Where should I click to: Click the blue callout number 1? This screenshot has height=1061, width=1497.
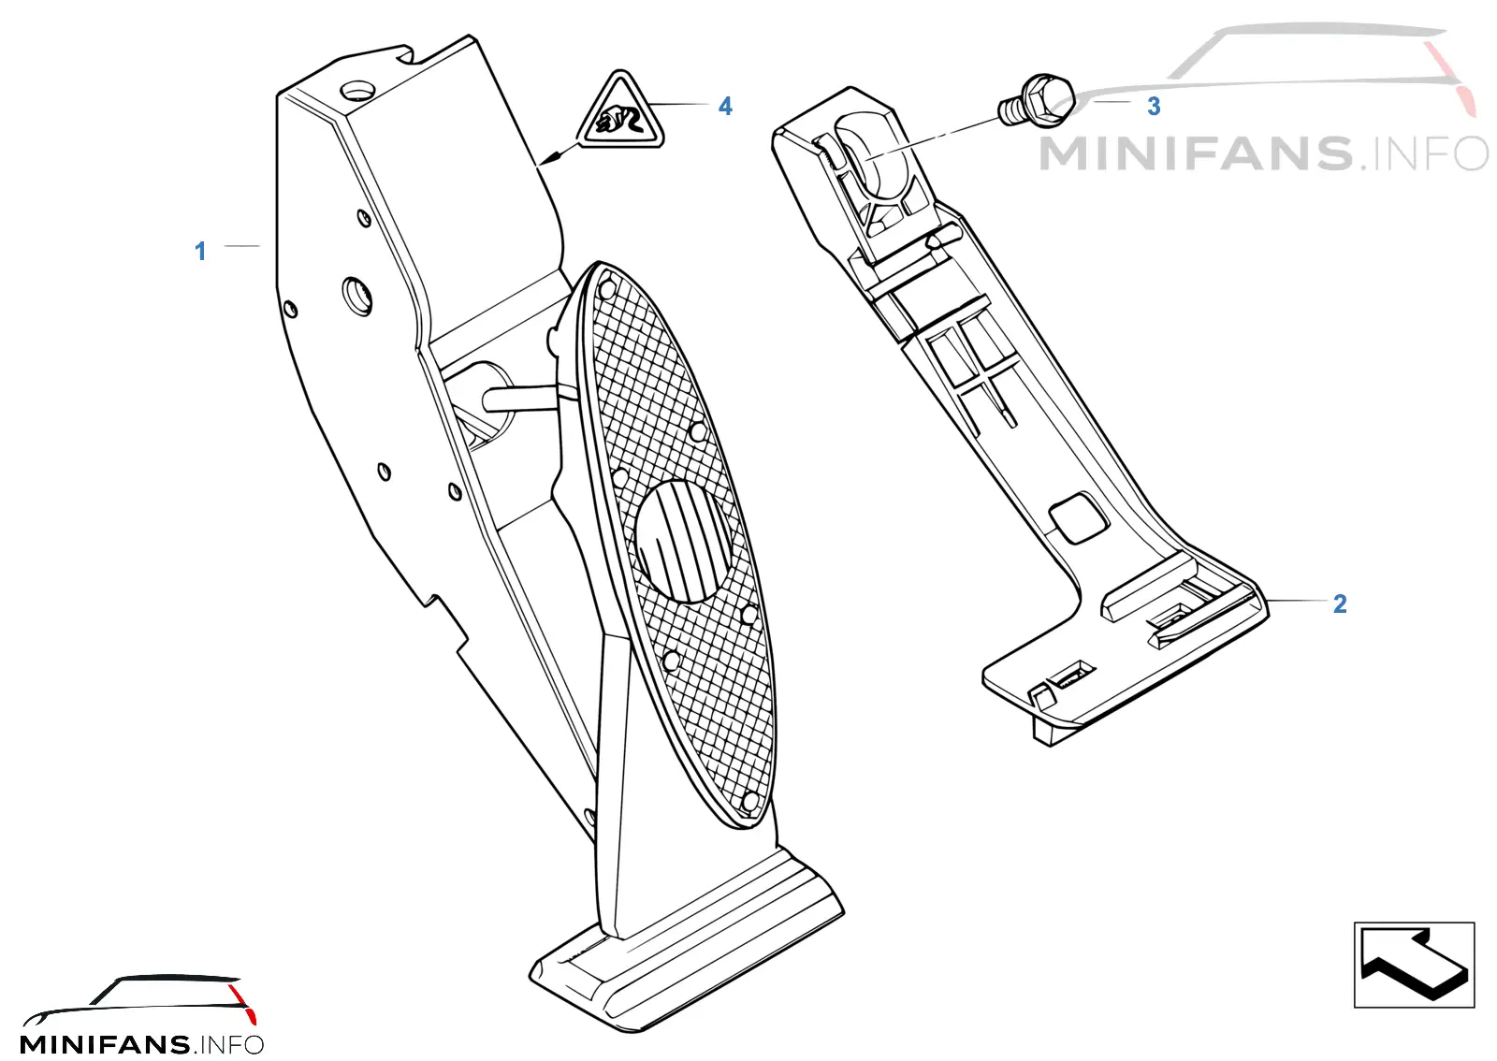click(x=200, y=252)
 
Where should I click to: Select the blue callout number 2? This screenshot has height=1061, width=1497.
click(x=1339, y=604)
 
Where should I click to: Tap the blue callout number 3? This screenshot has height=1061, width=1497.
click(x=1154, y=107)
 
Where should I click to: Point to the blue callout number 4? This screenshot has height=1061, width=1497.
click(x=725, y=107)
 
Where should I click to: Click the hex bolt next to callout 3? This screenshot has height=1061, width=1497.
click(x=1036, y=101)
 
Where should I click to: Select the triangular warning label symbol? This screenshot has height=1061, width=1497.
click(x=620, y=111)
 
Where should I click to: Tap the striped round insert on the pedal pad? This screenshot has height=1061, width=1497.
click(x=683, y=542)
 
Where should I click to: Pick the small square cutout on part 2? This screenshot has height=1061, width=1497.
click(x=1078, y=517)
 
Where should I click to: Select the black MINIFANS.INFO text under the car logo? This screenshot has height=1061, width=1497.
click(x=141, y=1044)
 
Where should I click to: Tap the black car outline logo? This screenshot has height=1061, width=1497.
click(x=140, y=999)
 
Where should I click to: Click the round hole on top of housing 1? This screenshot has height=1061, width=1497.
click(x=357, y=90)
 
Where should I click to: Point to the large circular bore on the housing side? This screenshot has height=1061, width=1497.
click(x=357, y=295)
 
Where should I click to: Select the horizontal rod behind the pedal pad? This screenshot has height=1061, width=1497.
click(x=519, y=399)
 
